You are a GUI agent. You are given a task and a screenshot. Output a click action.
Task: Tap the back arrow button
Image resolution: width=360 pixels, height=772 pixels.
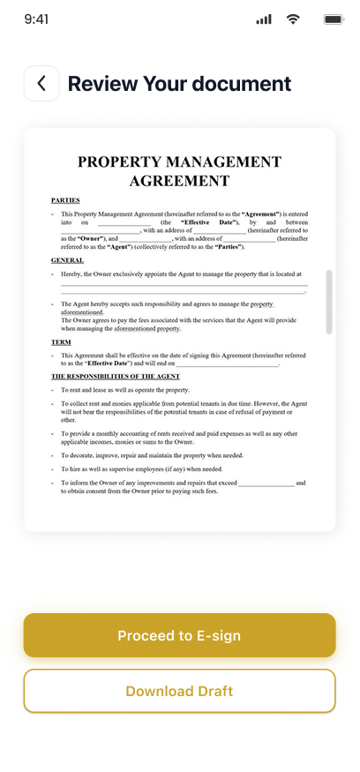(41, 84)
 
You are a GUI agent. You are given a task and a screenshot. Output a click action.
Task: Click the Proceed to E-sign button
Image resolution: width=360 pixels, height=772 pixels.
(179, 635)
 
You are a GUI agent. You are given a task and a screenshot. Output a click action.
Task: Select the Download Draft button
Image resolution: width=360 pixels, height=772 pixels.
(179, 691)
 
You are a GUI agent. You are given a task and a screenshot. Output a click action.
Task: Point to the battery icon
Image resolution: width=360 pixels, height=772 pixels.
(334, 19)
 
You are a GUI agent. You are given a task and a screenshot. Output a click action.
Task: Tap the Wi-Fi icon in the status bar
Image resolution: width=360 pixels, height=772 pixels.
(293, 19)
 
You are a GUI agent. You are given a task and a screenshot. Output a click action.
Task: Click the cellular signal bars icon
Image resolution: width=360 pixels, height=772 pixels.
(263, 19)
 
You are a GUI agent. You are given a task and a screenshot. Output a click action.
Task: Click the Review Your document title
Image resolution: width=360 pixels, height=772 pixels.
(179, 84)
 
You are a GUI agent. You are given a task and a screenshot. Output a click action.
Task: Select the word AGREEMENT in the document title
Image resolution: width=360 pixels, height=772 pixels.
(179, 181)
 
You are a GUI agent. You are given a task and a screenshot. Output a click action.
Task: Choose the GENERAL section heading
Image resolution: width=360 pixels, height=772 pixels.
(67, 260)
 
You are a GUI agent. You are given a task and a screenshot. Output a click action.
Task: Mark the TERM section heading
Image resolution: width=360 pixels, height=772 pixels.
(61, 341)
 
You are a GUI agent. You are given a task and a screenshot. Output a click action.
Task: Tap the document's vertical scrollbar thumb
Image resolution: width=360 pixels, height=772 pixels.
(329, 302)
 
